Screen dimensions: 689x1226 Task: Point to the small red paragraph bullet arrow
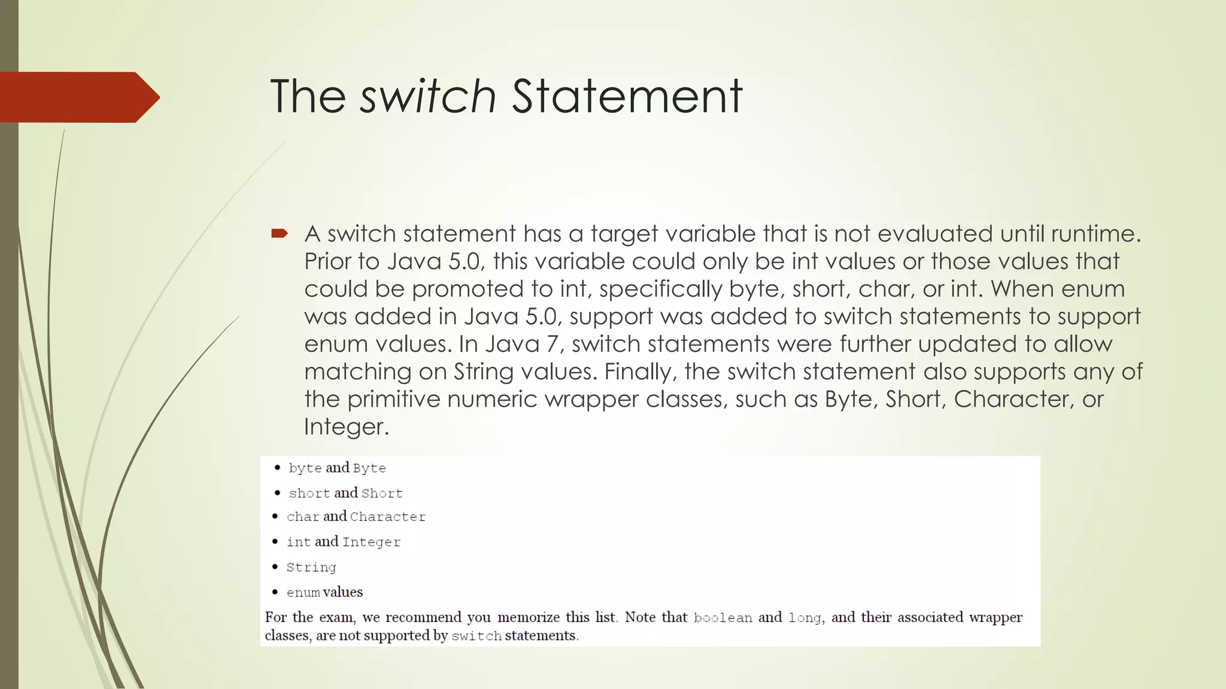pyautogui.click(x=280, y=233)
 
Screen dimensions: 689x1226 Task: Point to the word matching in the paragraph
pyautogui.click(x=357, y=371)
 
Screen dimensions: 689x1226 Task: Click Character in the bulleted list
pyautogui.click(x=388, y=517)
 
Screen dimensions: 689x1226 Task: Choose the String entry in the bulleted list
pyautogui.click(x=311, y=567)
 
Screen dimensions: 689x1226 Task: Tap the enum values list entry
pyautogui.click(x=324, y=592)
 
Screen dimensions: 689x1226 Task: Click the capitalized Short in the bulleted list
pyautogui.click(x=382, y=493)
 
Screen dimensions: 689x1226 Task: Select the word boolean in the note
pyautogui.click(x=723, y=618)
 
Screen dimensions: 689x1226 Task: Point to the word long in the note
pyautogui.click(x=805, y=618)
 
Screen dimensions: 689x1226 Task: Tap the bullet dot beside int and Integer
pyautogui.click(x=275, y=542)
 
